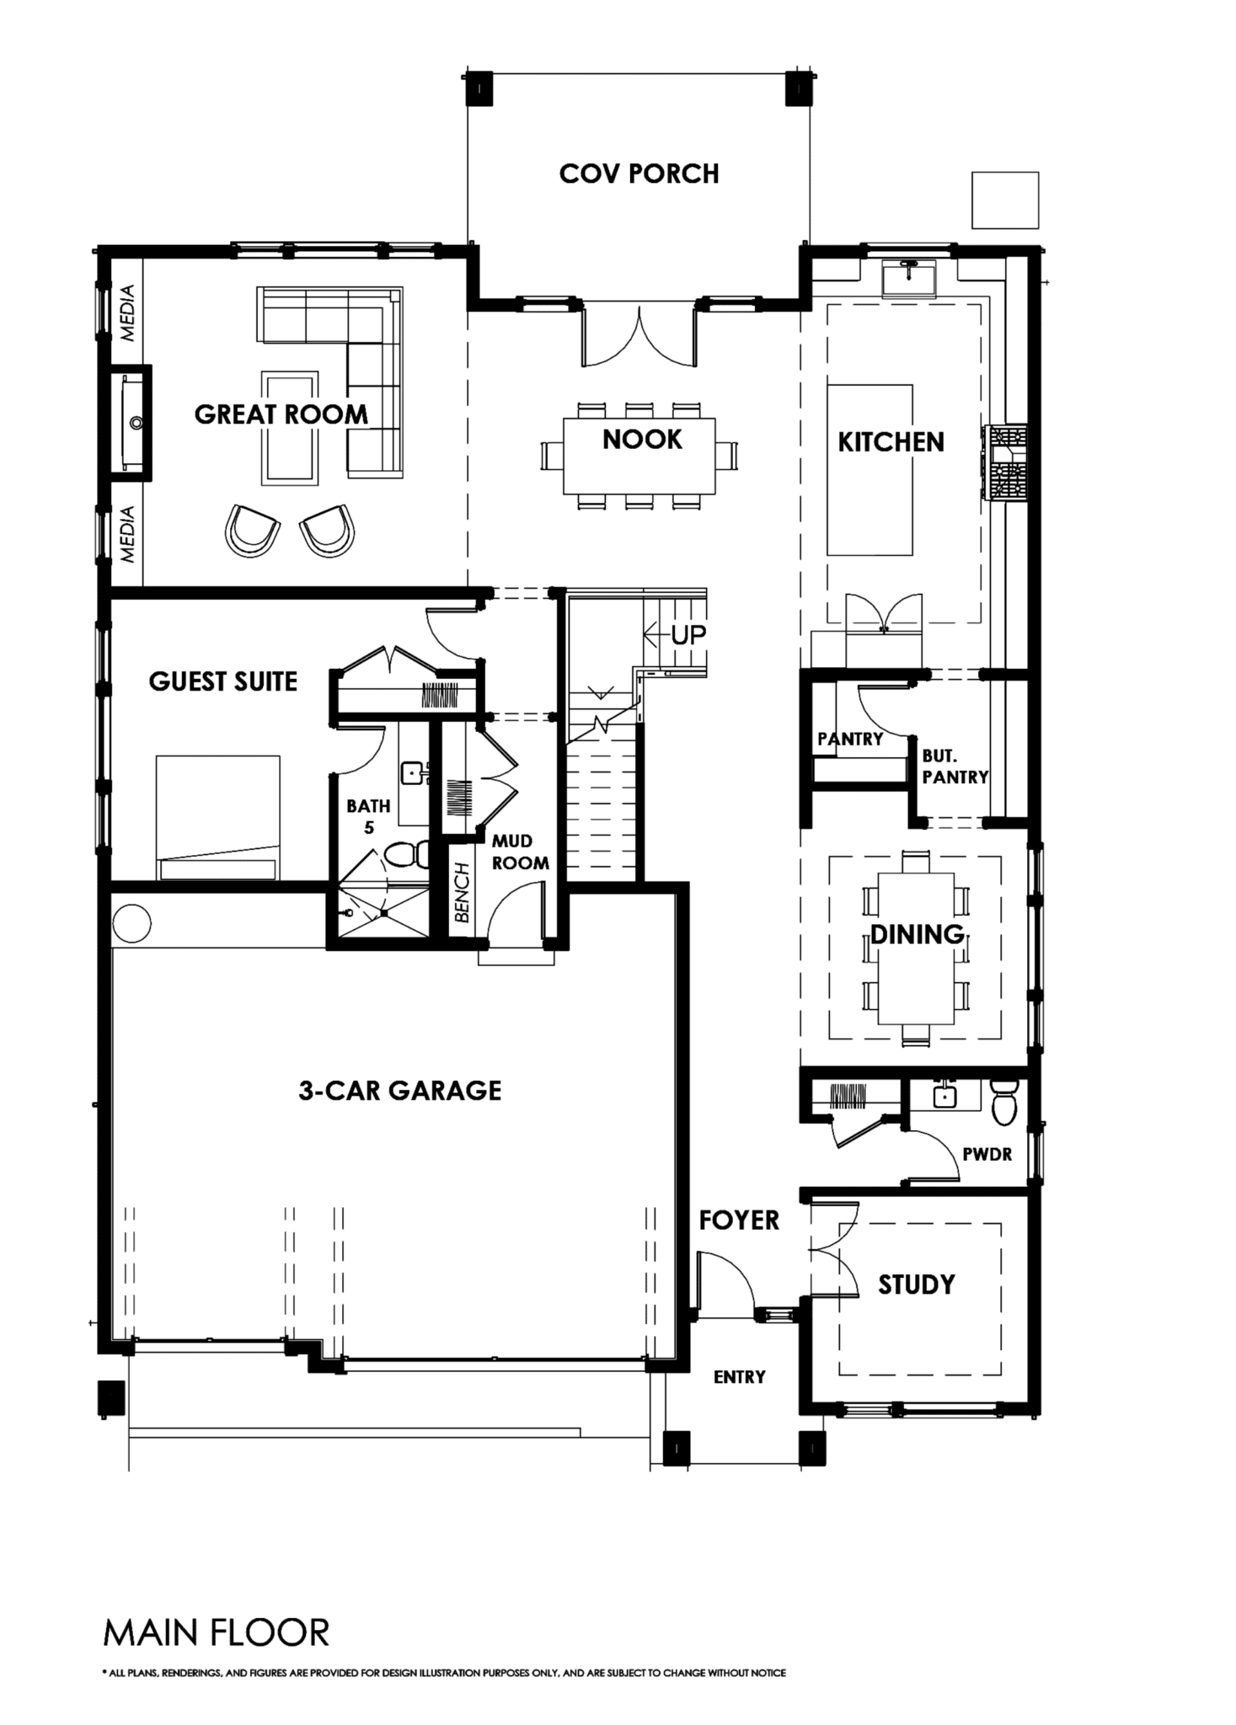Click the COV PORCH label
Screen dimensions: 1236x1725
pyautogui.click(x=639, y=174)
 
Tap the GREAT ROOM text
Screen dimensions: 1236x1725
pyautogui.click(x=281, y=414)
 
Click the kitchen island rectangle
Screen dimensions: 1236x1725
pyautogui.click(x=869, y=470)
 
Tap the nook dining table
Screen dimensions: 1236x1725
pyautogui.click(x=639, y=456)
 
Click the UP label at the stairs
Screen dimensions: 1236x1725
pyautogui.click(x=688, y=634)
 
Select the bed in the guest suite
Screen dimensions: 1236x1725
pyautogui.click(x=217, y=818)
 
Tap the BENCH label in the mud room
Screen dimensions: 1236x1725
pyautogui.click(x=461, y=893)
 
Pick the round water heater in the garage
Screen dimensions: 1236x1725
pyautogui.click(x=131, y=924)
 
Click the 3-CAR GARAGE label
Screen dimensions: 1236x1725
pyautogui.click(x=400, y=1091)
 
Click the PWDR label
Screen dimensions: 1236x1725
pyautogui.click(x=987, y=1155)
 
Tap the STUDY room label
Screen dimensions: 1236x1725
pyautogui.click(x=917, y=1284)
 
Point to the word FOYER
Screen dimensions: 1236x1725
pyautogui.click(x=739, y=1220)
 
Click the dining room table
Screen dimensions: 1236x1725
pyautogui.click(x=916, y=948)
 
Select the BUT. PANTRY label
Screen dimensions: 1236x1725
pyautogui.click(x=955, y=766)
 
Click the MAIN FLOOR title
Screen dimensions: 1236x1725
pyautogui.click(x=216, y=1633)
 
